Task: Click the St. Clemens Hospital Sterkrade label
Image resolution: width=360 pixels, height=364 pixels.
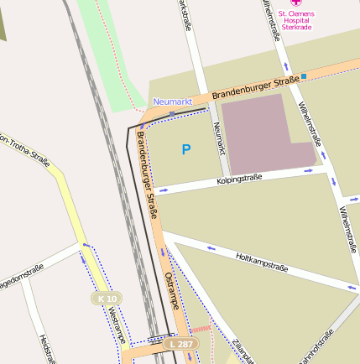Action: click(x=295, y=20)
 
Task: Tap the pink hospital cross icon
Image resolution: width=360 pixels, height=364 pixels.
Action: click(x=295, y=3)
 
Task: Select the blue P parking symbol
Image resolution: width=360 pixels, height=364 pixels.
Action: click(x=186, y=150)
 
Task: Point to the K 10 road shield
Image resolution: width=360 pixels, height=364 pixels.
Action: click(x=107, y=298)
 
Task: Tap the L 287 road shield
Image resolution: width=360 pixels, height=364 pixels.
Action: click(x=180, y=344)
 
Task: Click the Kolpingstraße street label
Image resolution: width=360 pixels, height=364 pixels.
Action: click(x=239, y=178)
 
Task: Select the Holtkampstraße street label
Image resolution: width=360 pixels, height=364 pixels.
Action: click(x=262, y=262)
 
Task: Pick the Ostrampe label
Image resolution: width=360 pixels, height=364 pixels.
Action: click(x=172, y=290)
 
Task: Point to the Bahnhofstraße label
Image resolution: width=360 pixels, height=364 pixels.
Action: click(x=316, y=346)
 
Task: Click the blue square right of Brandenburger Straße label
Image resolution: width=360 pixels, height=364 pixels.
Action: click(x=304, y=76)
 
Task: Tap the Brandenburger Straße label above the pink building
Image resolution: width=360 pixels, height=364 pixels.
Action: click(x=255, y=87)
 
